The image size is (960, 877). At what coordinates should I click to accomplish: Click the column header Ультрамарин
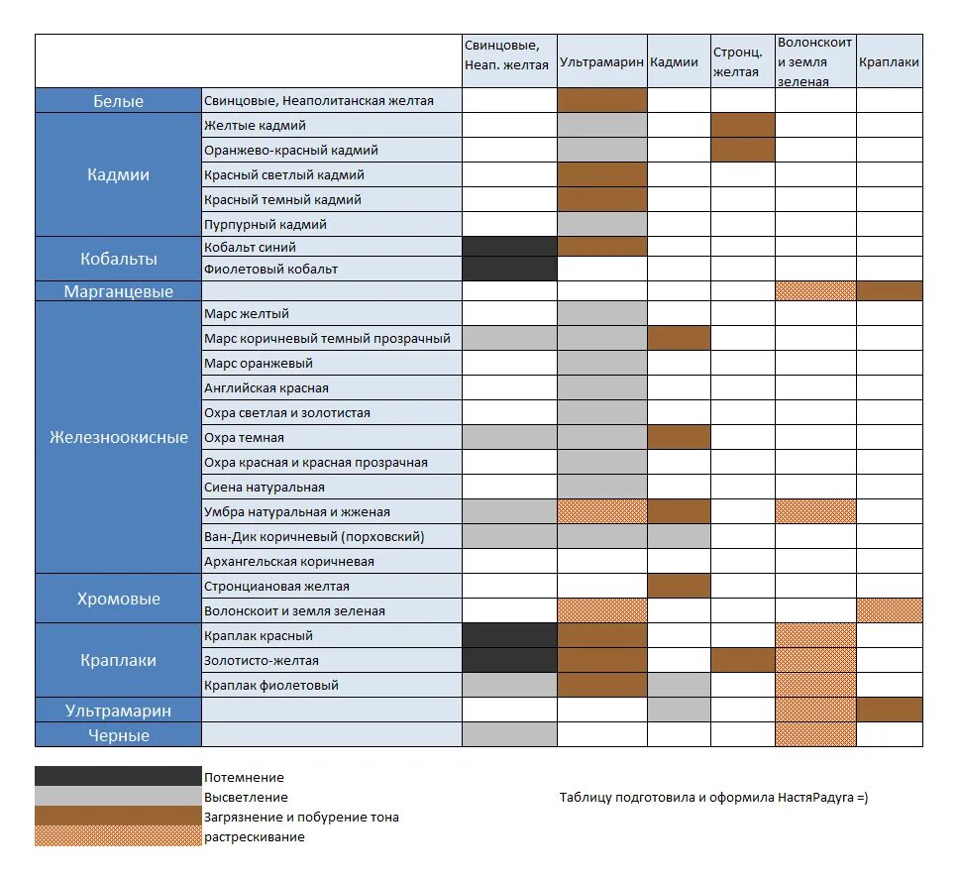(x=602, y=61)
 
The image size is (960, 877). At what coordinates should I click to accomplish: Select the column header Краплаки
(x=889, y=61)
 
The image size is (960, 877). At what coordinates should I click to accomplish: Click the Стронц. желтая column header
(x=737, y=61)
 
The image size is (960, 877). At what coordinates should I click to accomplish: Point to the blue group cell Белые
(x=119, y=101)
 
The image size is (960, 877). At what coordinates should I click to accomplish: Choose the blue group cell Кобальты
(x=119, y=259)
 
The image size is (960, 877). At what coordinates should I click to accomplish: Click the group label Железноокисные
(x=119, y=437)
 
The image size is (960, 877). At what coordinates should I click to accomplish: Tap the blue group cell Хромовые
(x=119, y=599)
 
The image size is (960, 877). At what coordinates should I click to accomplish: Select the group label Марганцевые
(x=119, y=291)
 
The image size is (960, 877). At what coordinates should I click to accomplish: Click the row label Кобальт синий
(x=251, y=247)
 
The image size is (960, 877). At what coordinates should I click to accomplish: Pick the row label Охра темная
(x=245, y=437)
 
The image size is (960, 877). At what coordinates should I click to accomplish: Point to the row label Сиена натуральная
(x=265, y=487)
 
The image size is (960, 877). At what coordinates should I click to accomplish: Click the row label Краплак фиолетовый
(x=271, y=685)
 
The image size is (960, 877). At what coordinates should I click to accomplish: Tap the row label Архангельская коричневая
(x=289, y=561)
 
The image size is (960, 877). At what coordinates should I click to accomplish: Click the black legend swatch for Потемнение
(x=117, y=776)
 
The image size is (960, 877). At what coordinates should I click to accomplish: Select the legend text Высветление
(x=246, y=797)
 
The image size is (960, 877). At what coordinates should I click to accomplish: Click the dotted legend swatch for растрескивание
(x=117, y=836)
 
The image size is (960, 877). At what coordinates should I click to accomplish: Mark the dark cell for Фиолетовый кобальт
(x=509, y=269)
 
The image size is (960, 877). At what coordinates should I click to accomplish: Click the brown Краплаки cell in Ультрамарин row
(x=889, y=710)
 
